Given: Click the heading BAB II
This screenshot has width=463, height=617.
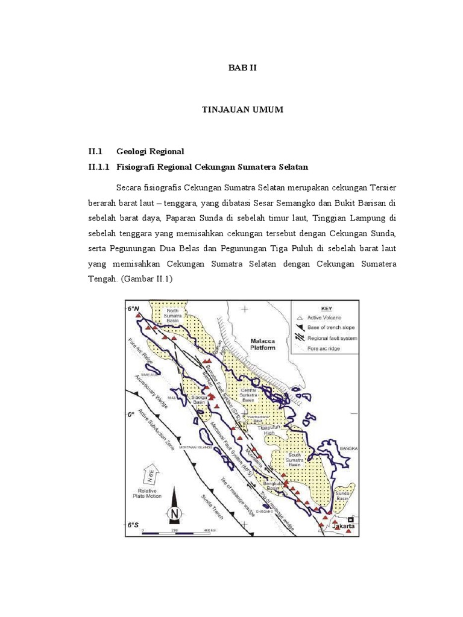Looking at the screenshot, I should tap(242, 68).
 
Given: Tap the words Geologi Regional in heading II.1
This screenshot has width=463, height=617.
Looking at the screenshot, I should tap(150, 151).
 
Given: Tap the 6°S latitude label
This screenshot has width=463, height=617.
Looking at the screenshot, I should tap(133, 525).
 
